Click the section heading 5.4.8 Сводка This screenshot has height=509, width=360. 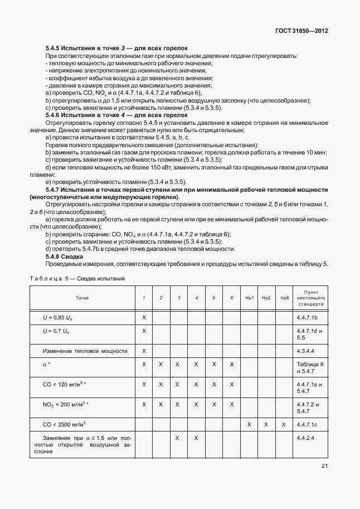tap(62, 256)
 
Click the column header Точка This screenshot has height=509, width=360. tap(82, 298)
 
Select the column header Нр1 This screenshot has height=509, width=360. tap(250, 298)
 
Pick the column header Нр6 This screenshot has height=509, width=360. tap(284, 298)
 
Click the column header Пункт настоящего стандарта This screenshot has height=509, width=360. tap(310, 298)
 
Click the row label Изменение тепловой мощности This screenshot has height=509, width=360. tap(85, 351)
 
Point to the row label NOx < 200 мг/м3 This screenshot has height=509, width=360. tap(66, 404)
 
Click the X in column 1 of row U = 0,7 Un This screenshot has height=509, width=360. tap(144, 331)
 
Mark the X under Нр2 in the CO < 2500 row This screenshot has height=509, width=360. tap(266, 424)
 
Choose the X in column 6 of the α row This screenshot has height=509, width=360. tap(231, 364)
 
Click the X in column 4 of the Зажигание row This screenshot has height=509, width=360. tap(197, 438)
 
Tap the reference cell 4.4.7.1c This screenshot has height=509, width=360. tap(308, 424)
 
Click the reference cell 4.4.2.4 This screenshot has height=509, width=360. tap(307, 438)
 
